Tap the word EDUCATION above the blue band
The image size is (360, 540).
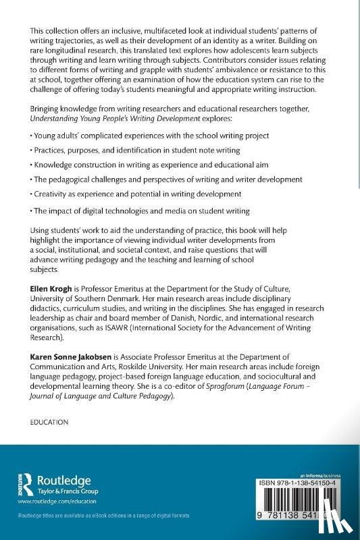(x=50, y=421)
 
